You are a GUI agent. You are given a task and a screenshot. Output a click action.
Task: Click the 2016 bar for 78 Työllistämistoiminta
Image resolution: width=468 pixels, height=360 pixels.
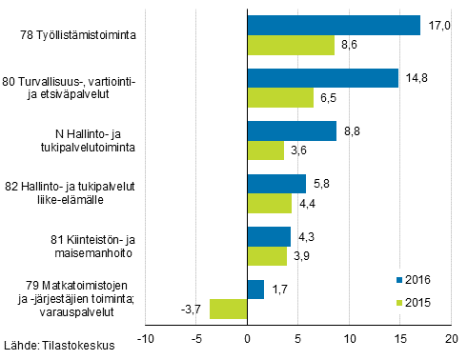click(x=333, y=25)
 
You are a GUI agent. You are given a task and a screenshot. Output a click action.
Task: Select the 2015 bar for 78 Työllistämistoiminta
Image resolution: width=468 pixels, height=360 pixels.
click(x=291, y=45)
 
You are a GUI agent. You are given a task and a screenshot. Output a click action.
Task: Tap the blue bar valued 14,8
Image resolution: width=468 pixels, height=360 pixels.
click(x=322, y=78)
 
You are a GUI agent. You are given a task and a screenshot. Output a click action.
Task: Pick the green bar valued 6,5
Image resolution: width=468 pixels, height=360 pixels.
click(x=280, y=98)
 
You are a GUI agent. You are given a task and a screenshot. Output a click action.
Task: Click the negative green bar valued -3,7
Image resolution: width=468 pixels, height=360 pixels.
click(x=229, y=309)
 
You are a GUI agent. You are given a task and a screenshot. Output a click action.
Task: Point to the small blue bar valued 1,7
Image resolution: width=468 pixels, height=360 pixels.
click(x=255, y=289)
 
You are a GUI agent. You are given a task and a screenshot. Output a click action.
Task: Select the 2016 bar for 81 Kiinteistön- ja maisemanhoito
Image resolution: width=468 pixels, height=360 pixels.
click(x=269, y=236)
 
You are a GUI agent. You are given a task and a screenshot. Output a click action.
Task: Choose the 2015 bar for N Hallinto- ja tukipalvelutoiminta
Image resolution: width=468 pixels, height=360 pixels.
click(x=265, y=150)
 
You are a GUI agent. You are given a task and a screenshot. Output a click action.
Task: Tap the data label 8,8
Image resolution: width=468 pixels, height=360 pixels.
click(x=352, y=130)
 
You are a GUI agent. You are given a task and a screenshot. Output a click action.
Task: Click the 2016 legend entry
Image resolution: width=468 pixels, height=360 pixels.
click(x=412, y=280)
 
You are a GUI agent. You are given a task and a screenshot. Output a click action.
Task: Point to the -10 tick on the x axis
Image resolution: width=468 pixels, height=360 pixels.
click(x=145, y=338)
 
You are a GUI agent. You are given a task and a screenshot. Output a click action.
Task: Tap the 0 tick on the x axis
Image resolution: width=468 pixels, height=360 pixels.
click(x=247, y=338)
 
